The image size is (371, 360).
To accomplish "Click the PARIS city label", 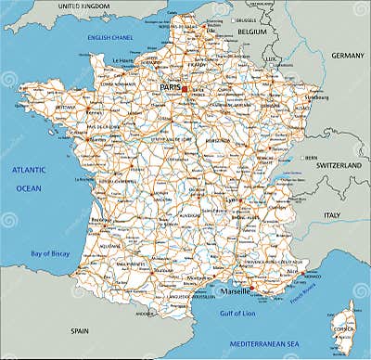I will coord(170,88).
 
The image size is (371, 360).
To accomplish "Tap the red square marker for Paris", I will coord(185,89).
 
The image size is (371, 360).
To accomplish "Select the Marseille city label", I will coord(234,290).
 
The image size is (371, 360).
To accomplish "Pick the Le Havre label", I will coord(123,60).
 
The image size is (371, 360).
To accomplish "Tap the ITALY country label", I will coord(330,214).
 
